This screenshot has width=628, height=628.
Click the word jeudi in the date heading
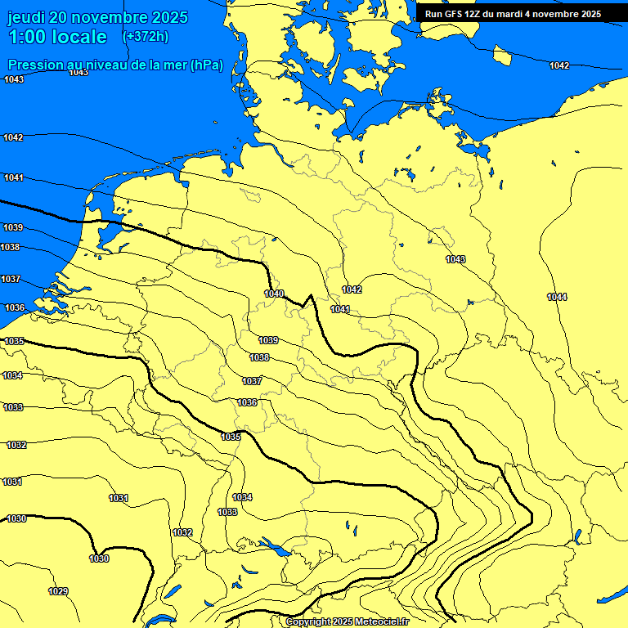click(27, 17)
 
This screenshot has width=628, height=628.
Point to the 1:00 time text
click(26, 37)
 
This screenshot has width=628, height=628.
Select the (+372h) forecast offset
click(145, 36)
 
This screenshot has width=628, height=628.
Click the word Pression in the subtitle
click(34, 65)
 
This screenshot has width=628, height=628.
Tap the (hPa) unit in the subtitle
click(206, 65)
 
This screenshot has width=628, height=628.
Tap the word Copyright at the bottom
click(309, 622)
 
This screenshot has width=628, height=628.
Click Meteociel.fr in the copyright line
click(382, 622)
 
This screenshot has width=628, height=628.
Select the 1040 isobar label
click(274, 294)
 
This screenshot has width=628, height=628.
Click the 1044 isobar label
click(557, 297)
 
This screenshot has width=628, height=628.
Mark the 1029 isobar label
click(58, 591)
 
